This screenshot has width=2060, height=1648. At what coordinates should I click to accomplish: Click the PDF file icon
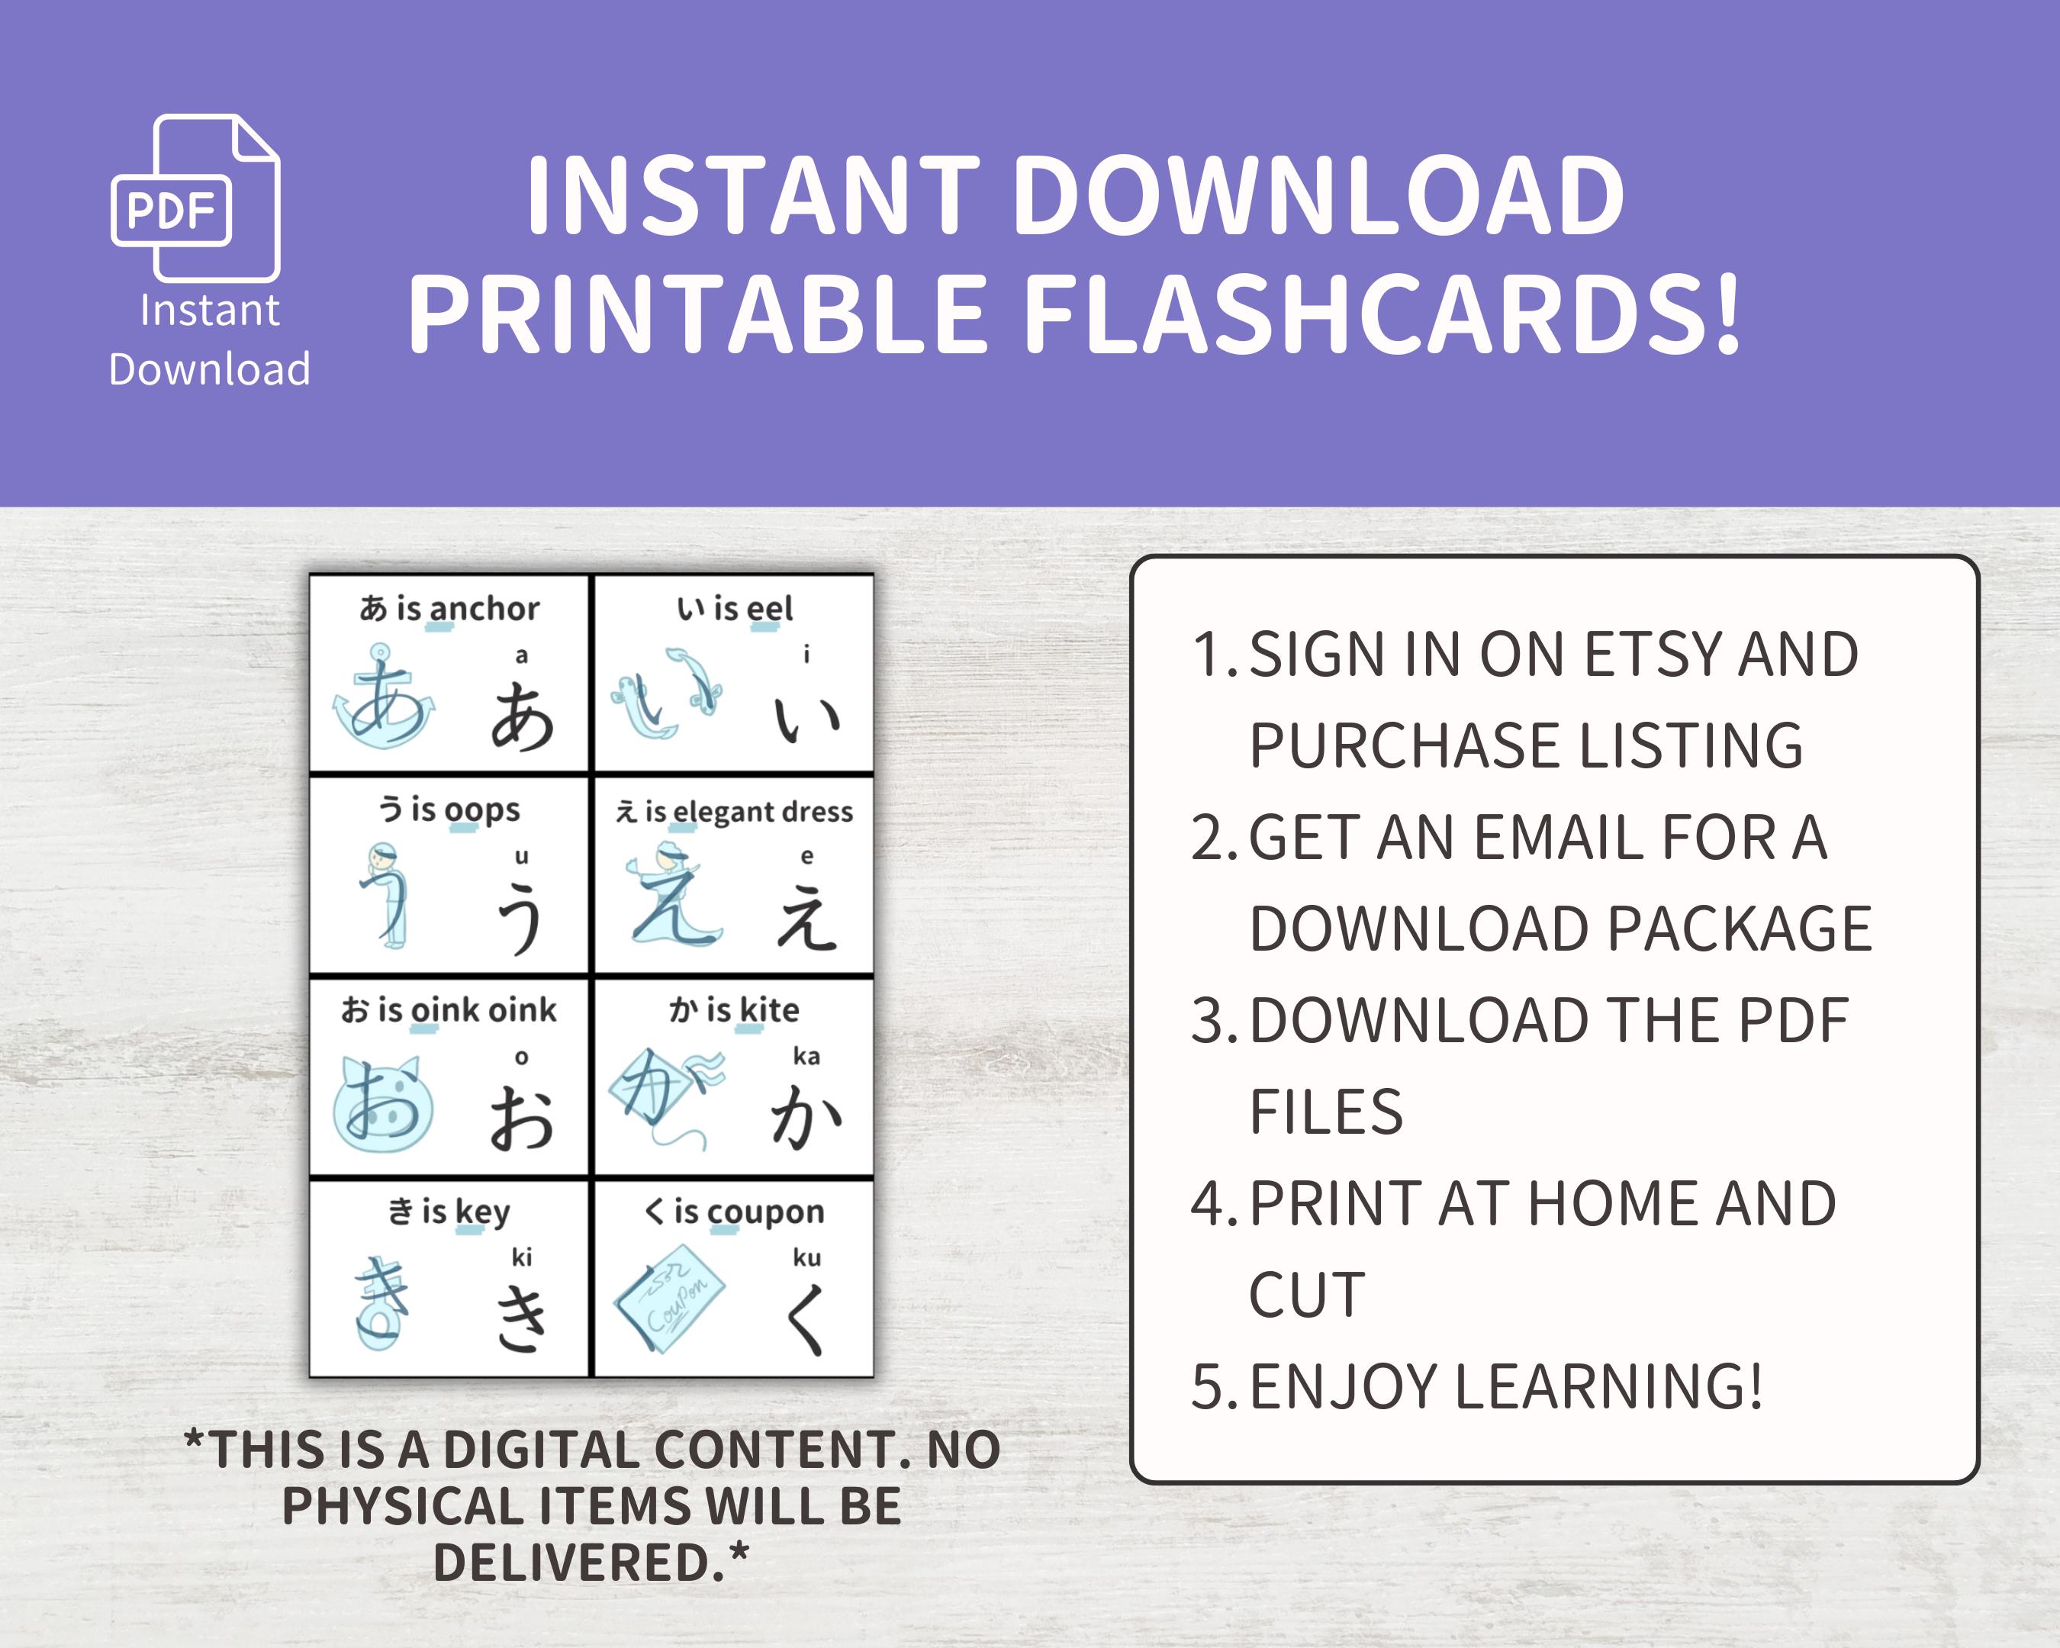[196, 198]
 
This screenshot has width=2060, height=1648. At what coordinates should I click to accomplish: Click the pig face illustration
[382, 1103]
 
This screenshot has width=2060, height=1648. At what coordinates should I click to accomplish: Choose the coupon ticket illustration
[670, 1297]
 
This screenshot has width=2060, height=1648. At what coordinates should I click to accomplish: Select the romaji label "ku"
[806, 1257]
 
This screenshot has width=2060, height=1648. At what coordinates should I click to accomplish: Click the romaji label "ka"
[806, 1056]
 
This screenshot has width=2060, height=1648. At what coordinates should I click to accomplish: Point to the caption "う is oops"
[449, 810]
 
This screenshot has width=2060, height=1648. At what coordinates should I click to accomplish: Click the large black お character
[522, 1118]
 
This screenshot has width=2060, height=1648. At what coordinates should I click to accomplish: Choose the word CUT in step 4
[1307, 1296]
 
